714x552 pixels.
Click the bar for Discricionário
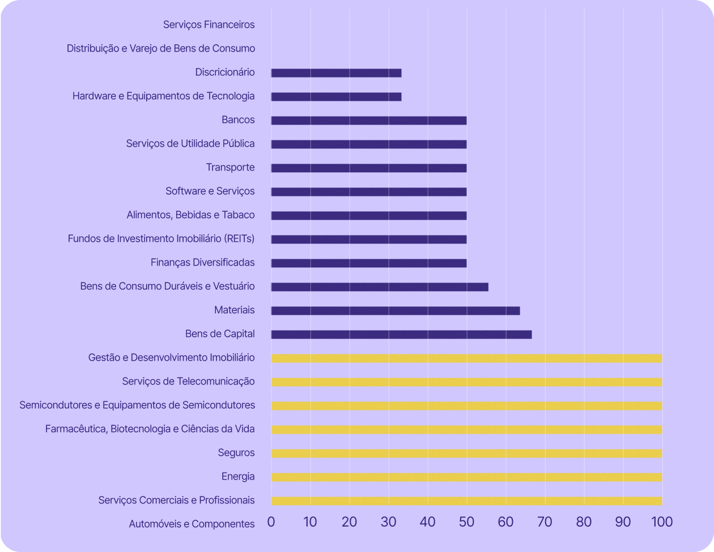point(336,73)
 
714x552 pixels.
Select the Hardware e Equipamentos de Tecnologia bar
point(336,97)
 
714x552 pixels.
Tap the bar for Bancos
point(368,121)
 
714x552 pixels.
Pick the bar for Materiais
point(395,311)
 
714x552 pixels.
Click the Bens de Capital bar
point(401,335)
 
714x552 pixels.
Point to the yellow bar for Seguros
point(466,453)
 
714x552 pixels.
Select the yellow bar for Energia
point(466,477)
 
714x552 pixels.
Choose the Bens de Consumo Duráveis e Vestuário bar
point(380,287)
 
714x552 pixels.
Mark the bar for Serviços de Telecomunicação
point(466,382)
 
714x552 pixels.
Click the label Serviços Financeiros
point(209,24)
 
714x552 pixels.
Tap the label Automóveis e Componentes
point(192,524)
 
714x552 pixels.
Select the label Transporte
point(230,167)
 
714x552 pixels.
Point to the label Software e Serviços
point(210,191)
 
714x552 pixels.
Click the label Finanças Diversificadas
point(202,262)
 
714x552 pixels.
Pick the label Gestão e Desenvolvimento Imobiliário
point(171,357)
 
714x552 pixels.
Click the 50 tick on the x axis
point(466,521)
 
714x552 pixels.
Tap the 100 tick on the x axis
point(661,521)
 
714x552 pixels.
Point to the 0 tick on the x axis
point(271,521)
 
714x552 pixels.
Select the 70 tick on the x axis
point(545,521)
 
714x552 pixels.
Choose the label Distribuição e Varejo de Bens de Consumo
point(160,48)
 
